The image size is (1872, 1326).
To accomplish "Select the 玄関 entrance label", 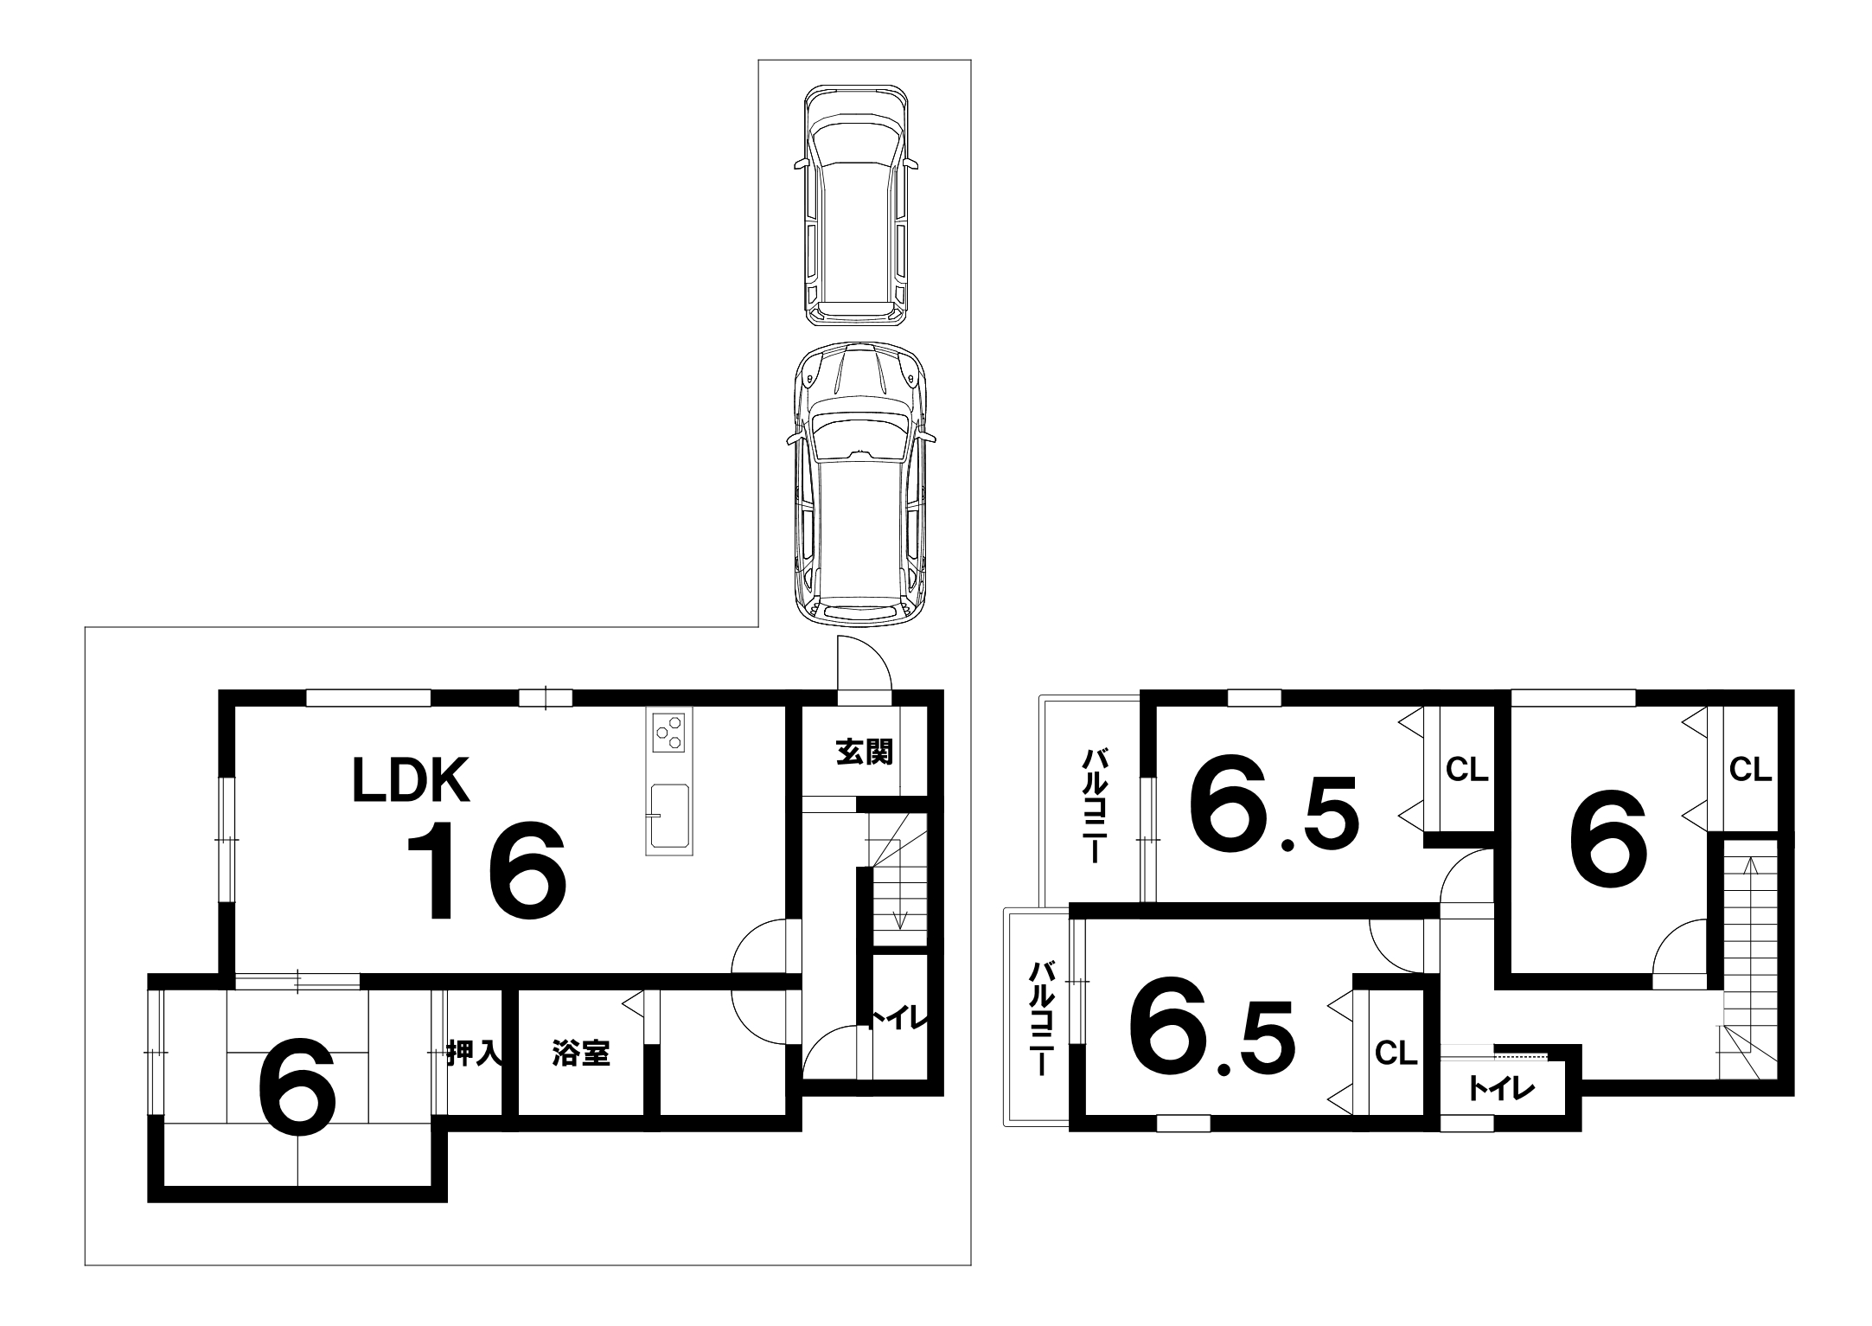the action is click(x=864, y=753).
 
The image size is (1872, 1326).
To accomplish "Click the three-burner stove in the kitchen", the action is click(x=668, y=733).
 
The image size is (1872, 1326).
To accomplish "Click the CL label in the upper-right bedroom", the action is click(x=1751, y=769).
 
